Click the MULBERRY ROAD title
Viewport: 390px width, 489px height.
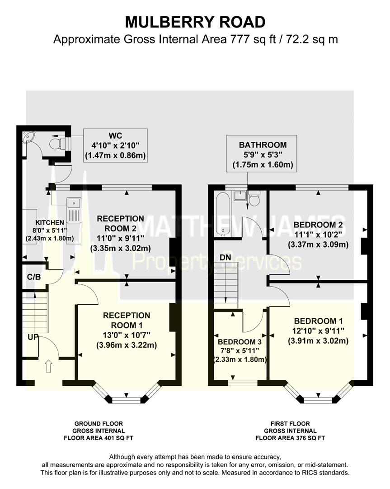[195, 22]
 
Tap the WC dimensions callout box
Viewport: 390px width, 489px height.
[115, 145]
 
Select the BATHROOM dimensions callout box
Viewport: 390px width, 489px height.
[262, 154]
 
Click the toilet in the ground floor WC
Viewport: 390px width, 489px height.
[59, 144]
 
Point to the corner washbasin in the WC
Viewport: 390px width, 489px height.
[28, 136]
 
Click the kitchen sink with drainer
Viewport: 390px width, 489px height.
[74, 211]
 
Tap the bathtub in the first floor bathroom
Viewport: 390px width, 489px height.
[223, 214]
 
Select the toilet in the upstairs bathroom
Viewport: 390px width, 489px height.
[254, 199]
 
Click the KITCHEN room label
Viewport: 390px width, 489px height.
[50, 223]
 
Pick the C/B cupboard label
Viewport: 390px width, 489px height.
[34, 277]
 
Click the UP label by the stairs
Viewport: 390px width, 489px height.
[33, 337]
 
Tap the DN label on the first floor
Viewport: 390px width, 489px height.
[226, 258]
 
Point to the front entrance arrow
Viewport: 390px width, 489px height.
[48, 366]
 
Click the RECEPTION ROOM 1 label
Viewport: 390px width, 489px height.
[127, 320]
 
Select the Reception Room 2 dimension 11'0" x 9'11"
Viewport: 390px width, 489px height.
[120, 239]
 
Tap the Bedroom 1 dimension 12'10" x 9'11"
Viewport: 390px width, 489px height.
[318, 331]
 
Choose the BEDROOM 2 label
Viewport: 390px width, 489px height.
[318, 225]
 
